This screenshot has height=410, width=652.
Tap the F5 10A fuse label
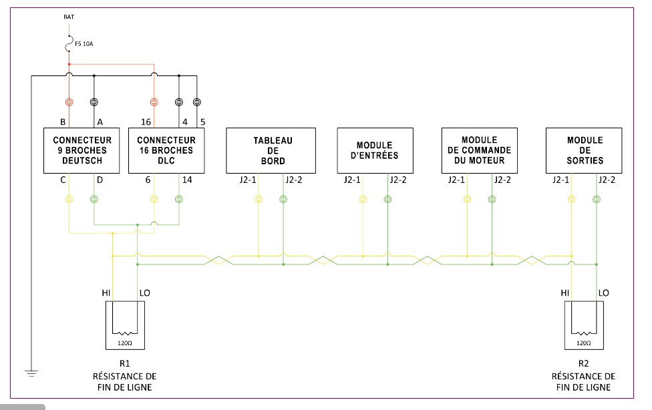point(84,45)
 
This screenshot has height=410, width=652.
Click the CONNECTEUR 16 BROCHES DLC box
point(166,150)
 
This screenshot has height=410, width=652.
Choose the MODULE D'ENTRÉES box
point(374,150)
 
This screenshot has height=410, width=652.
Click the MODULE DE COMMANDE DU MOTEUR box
point(479,150)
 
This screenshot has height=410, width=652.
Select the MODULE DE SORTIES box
point(585,150)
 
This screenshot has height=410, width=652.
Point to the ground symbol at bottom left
point(31,373)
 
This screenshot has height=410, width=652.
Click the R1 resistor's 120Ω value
point(125,343)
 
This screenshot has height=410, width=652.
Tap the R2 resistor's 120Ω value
point(583,343)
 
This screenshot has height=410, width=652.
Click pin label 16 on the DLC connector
point(145,122)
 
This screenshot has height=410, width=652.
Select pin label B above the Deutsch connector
point(62,122)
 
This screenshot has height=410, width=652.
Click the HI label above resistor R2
point(564,293)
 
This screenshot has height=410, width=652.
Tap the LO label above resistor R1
point(144,293)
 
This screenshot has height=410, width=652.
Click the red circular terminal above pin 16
point(154,102)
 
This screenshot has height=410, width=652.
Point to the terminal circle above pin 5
point(196,102)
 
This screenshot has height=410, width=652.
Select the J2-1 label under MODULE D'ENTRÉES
point(352,180)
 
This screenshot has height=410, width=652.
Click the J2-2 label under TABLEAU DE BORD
point(294,180)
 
